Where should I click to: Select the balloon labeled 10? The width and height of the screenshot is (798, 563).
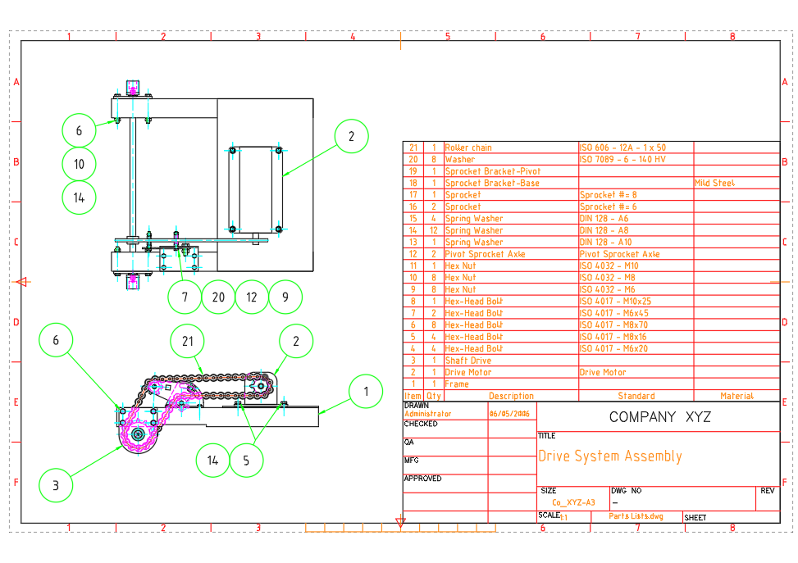coord(80,164)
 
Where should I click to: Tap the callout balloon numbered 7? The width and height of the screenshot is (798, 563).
coord(185,297)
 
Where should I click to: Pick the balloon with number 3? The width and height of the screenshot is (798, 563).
coord(57,485)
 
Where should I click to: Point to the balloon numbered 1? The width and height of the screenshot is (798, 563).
coord(366,392)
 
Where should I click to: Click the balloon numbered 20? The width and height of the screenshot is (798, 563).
coord(218,297)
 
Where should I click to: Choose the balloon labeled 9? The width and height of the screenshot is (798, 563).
coord(285,297)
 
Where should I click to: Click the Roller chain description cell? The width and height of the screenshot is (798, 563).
coord(468,148)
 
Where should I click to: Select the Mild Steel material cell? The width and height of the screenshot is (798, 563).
coord(714,184)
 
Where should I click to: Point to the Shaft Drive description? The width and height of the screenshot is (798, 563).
coord(468,361)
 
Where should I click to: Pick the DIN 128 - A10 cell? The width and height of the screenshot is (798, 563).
coord(606,243)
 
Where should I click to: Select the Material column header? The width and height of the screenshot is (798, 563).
coord(736,396)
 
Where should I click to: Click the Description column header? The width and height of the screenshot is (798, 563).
coord(510,396)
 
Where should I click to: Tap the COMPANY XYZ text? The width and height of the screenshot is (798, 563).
coord(659,417)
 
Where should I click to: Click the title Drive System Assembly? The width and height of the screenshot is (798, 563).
coord(609,456)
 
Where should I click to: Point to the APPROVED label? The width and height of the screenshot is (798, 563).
coord(422,479)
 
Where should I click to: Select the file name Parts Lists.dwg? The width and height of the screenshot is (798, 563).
coord(636,516)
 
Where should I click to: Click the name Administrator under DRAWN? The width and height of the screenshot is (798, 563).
coord(427,414)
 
